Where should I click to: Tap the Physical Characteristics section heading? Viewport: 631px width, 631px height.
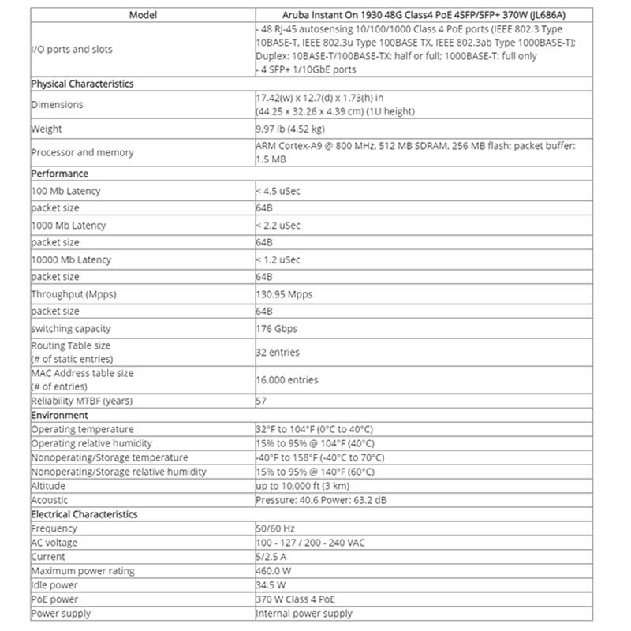82,84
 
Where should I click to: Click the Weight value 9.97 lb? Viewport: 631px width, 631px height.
289,129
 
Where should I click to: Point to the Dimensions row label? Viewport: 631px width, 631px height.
57,104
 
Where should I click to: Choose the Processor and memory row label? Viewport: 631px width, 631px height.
82,152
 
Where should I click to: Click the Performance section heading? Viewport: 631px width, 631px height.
59,174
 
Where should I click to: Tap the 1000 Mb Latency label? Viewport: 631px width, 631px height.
68,226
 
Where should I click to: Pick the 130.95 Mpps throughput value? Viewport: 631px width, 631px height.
283,294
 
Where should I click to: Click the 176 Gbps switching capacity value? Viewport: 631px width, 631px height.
276,329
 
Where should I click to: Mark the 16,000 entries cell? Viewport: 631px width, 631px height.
286,379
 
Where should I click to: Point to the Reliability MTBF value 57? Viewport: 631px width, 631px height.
261,401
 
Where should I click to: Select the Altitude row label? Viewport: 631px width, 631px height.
48,486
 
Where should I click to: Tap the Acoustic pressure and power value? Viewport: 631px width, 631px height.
320,500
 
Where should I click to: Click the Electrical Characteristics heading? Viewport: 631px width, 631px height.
84,514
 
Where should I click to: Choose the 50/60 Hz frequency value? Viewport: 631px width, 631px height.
275,528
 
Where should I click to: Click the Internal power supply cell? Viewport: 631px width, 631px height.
304,614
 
